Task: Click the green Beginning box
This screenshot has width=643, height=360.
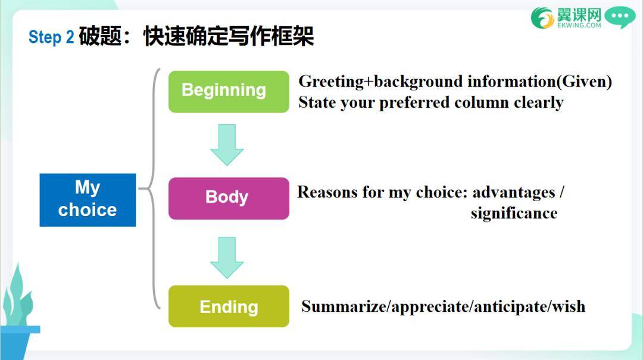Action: pos(229,92)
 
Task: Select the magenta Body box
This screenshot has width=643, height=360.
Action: pos(229,199)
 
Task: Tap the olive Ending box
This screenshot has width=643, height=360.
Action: pos(229,306)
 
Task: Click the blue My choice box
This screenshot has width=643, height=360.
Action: pos(88,200)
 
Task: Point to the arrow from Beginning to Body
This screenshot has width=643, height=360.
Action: pos(227,145)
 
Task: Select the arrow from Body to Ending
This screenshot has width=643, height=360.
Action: pos(227,258)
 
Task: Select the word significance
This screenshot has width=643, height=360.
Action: pos(514,213)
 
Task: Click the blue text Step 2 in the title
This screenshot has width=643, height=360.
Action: pos(51,37)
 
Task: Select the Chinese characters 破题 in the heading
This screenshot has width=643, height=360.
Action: pos(100,36)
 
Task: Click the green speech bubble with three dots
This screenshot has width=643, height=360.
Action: pos(620,17)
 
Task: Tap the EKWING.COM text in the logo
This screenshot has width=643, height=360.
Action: pos(579,25)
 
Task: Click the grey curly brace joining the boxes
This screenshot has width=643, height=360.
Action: pos(153,189)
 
